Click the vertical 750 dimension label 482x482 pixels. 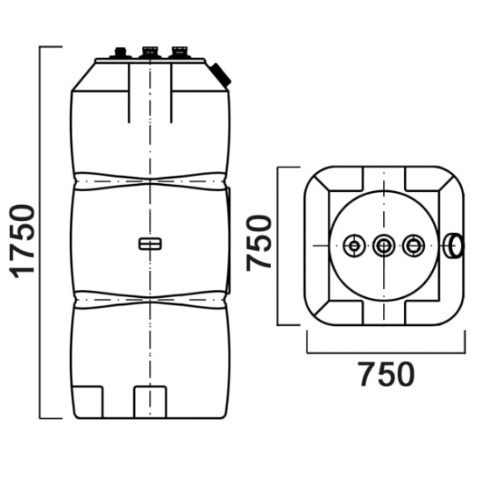coord(259,244)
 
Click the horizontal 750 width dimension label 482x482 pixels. coord(387,374)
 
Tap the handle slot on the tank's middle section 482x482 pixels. coord(150,244)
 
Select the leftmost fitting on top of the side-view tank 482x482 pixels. coord(120,53)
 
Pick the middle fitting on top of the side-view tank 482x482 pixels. coord(149,53)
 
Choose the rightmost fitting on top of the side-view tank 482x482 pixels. coord(179,53)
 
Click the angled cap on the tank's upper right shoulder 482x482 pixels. coord(221,74)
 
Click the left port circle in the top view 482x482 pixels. coord(354,246)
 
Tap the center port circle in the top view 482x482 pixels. coord(384,246)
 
